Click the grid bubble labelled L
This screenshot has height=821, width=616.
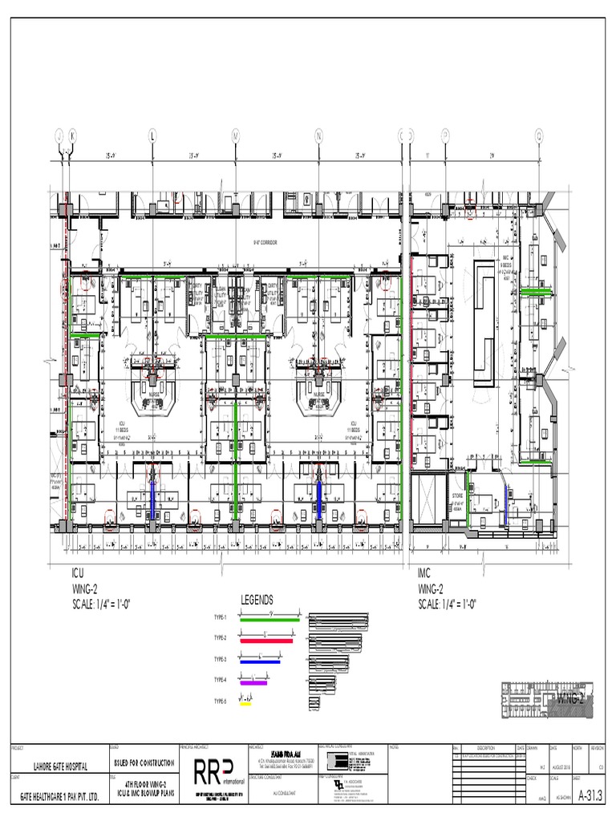152,135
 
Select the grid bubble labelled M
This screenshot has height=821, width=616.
236,135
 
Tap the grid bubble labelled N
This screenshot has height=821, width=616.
319,135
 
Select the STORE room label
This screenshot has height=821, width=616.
446,497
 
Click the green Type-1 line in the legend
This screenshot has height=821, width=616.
269,619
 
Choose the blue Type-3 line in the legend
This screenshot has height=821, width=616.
258,661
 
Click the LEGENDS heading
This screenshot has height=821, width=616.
257,600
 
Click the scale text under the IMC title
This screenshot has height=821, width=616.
450,603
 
